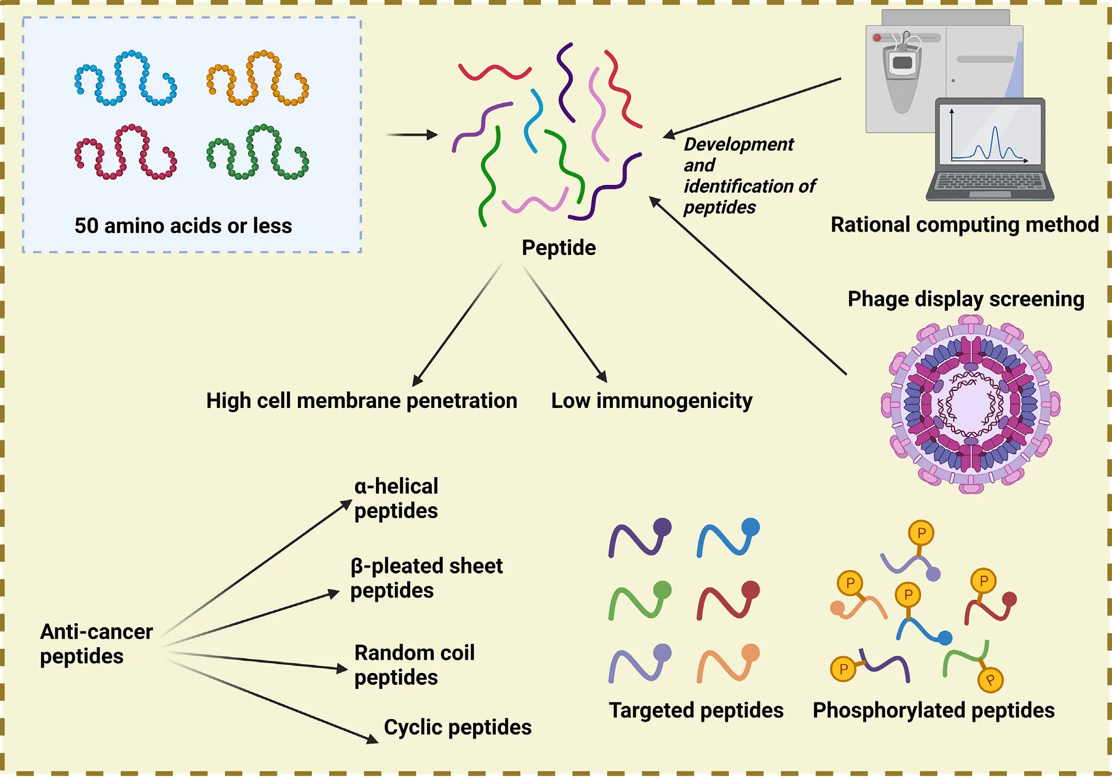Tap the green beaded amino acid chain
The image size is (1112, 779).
point(257,152)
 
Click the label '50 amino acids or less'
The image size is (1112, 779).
point(183,226)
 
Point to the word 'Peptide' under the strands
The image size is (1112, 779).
point(559,248)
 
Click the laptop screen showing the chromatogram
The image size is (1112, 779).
point(990,135)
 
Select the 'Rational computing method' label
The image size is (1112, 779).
point(964,224)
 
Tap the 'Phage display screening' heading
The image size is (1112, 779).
point(965,299)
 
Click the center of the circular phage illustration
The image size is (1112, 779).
point(971,404)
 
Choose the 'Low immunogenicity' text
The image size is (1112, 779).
point(651,401)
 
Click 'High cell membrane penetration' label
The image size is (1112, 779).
point(361,401)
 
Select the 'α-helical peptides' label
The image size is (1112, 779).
point(396,498)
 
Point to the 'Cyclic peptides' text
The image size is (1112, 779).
point(458,727)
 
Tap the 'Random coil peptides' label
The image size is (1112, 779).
point(414,665)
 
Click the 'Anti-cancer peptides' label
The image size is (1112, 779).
point(96,644)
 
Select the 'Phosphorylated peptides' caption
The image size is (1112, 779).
point(933,711)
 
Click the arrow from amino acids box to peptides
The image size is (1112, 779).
point(411,135)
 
